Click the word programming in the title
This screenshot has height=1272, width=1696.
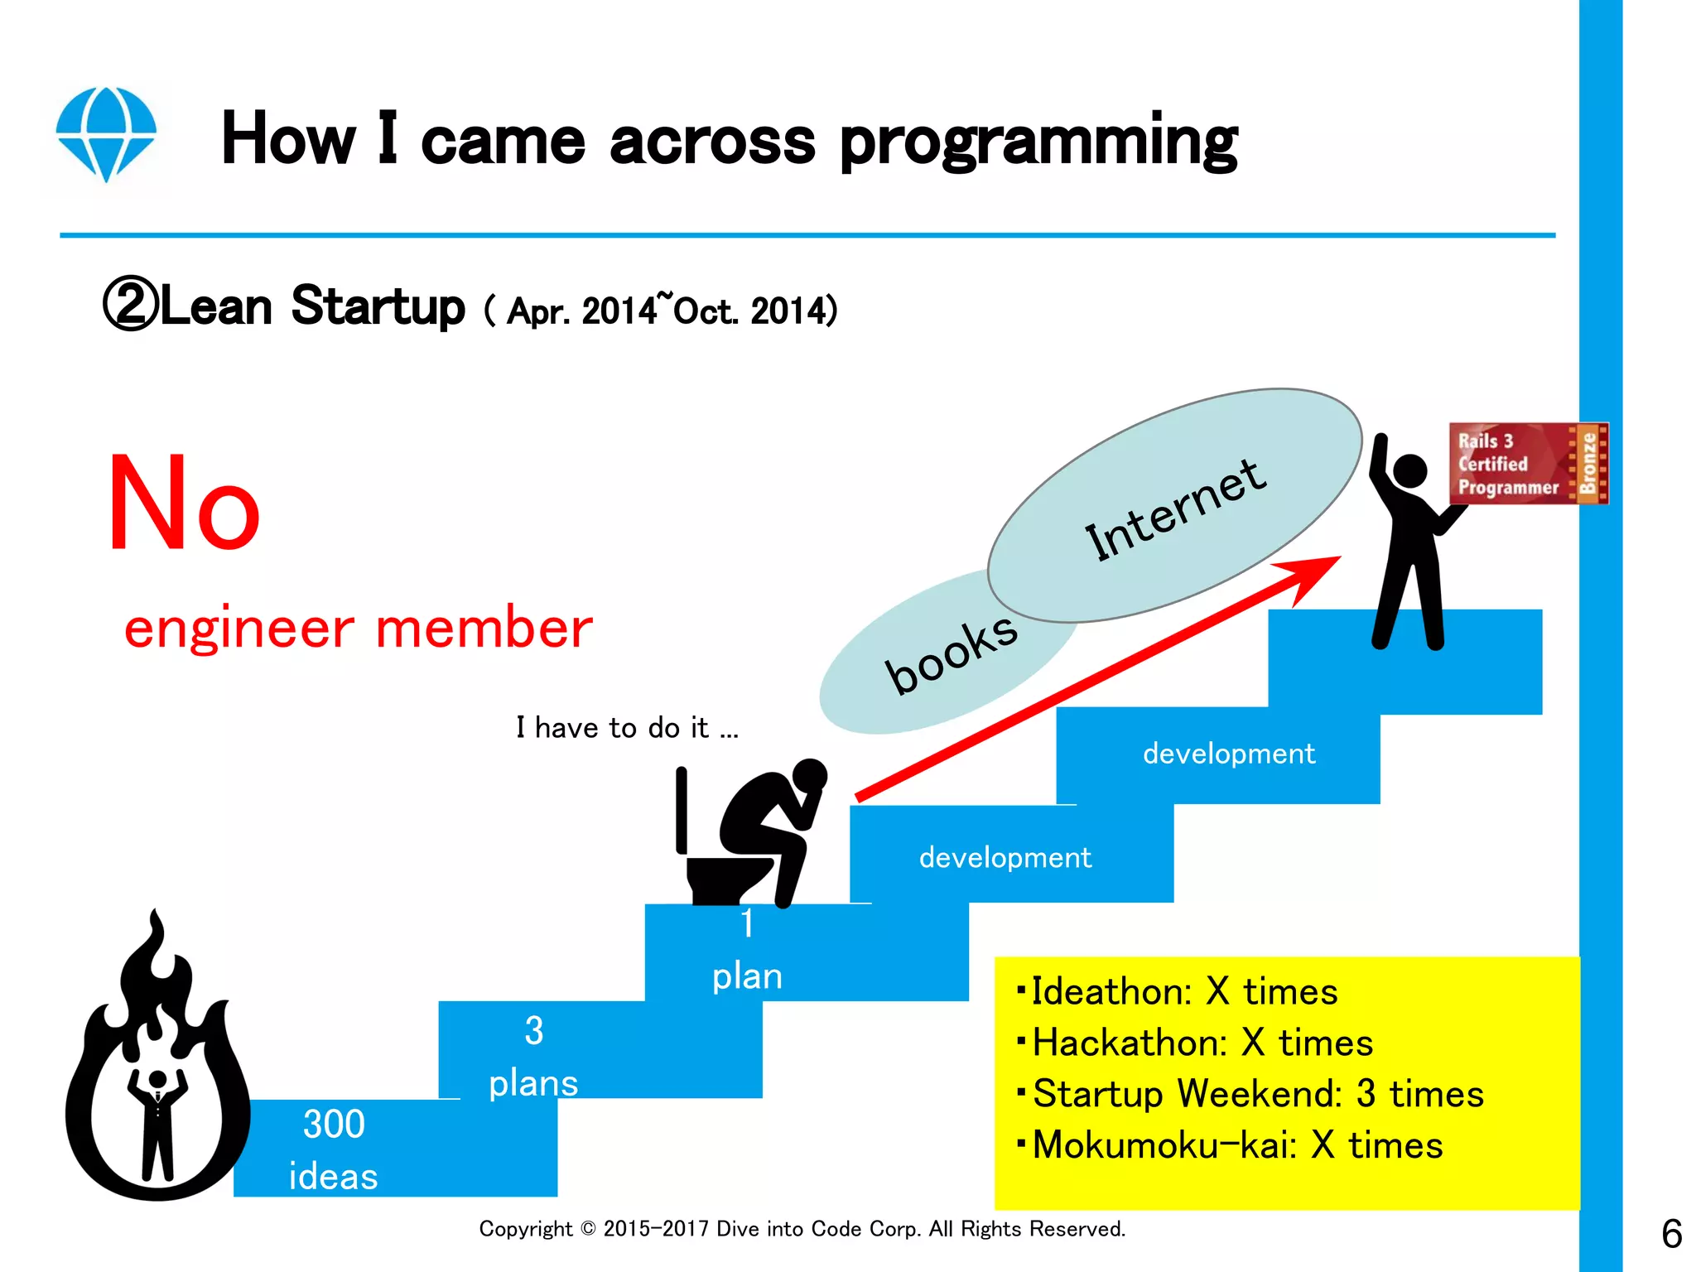(x=1038, y=142)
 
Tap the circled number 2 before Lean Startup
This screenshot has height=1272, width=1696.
(x=130, y=306)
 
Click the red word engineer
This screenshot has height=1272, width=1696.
(x=239, y=628)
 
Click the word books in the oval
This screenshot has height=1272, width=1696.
(x=951, y=653)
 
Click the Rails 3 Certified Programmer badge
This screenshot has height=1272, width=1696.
(x=1528, y=464)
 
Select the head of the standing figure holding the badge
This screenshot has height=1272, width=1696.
(x=1409, y=471)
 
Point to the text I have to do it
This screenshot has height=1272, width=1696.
(x=627, y=728)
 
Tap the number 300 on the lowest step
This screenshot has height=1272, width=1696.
(x=334, y=1124)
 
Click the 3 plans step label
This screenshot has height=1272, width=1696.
(x=533, y=1057)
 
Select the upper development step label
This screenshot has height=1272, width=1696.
(x=1228, y=754)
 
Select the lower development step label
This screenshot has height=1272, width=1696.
(x=1005, y=857)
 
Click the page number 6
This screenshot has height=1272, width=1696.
(x=1671, y=1234)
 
